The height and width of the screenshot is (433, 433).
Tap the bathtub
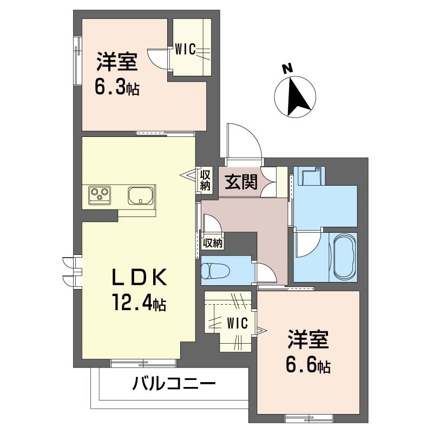click(x=343, y=257)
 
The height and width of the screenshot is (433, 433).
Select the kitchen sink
click(x=141, y=195)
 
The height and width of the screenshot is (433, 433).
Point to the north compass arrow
click(x=295, y=98)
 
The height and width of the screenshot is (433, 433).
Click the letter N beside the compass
click(x=287, y=69)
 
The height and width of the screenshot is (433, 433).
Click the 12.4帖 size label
click(x=139, y=301)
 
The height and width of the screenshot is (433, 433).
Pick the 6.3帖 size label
click(x=117, y=87)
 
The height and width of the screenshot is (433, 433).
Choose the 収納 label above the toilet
click(x=212, y=242)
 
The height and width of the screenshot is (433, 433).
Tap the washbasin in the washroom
click(x=311, y=176)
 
